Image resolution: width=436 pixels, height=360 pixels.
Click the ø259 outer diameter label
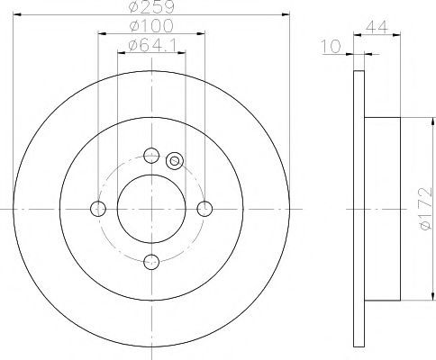[x=151, y=6]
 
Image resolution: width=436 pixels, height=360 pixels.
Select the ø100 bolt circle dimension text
[x=151, y=26]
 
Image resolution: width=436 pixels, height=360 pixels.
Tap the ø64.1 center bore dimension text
[x=152, y=45]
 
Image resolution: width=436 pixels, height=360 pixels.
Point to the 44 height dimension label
[x=377, y=27]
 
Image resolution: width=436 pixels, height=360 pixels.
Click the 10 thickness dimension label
[x=332, y=46]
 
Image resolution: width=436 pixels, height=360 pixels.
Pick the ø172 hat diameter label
[x=426, y=209]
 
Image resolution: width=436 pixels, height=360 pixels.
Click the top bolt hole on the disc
[x=151, y=156]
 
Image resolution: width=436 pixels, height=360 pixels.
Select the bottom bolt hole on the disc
[x=151, y=262]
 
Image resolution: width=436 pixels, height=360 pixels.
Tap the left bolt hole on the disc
[x=98, y=209]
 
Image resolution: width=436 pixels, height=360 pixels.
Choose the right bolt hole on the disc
[x=204, y=209]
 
